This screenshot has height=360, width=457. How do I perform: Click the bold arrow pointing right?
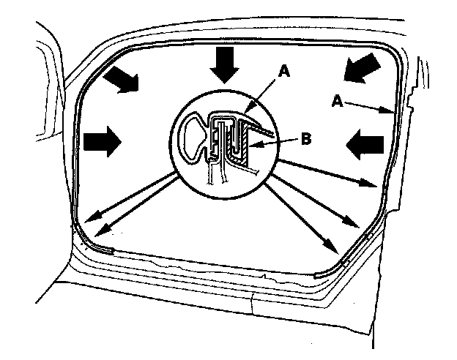pyautogui.click(x=104, y=140)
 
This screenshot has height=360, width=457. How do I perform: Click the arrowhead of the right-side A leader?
pyautogui.click(x=393, y=111)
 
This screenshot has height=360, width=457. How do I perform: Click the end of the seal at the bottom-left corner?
pyautogui.click(x=112, y=249)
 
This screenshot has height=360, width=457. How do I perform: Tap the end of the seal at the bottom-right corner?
pyautogui.click(x=316, y=274)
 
